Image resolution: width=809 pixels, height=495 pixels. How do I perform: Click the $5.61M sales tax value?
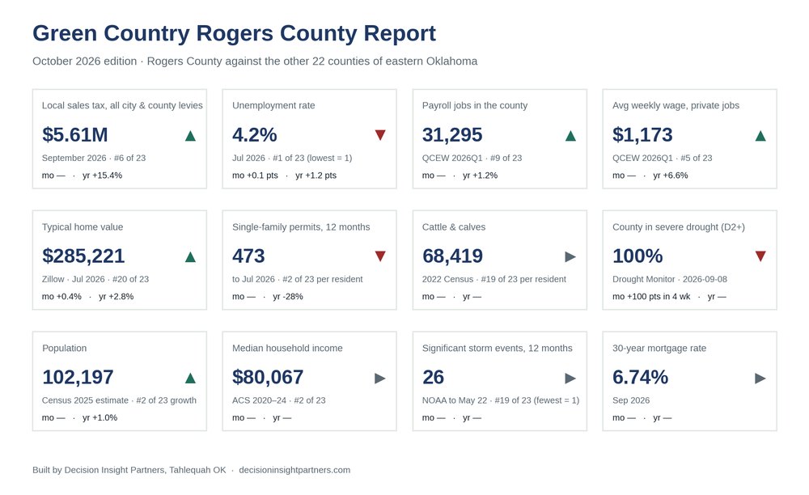click(x=74, y=135)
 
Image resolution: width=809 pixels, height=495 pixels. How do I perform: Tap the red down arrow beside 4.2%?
click(x=380, y=135)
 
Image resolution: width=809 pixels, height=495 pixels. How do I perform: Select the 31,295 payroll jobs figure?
click(x=452, y=135)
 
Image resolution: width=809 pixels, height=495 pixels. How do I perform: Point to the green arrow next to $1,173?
click(x=760, y=136)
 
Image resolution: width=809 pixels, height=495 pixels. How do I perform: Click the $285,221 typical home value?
click(x=83, y=256)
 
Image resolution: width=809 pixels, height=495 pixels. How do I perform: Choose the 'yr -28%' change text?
click(x=288, y=297)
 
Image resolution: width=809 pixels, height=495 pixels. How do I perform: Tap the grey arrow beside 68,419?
click(x=570, y=256)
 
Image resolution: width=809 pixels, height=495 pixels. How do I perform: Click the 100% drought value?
click(x=637, y=256)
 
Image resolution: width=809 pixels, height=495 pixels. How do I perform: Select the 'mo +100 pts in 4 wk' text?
click(x=651, y=297)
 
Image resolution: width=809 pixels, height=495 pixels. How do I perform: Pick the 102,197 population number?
click(x=78, y=378)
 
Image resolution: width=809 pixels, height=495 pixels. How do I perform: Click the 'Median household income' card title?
click(x=287, y=348)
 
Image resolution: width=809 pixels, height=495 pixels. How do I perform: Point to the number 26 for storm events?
click(x=433, y=378)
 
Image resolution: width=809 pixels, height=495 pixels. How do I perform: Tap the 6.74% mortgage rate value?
click(x=640, y=378)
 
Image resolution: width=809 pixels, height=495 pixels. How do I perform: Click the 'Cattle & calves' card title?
click(x=454, y=226)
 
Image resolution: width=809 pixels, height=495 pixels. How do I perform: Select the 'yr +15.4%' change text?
click(x=102, y=176)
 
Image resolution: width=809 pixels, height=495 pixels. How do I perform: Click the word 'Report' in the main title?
click(x=400, y=33)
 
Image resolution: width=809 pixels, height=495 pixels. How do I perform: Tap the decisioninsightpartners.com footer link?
click(x=294, y=470)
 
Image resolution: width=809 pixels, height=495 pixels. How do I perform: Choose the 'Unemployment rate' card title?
click(x=273, y=106)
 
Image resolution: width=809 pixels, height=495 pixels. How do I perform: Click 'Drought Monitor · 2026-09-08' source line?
click(x=670, y=279)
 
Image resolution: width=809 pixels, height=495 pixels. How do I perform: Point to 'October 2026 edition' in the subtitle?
click(x=85, y=61)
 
